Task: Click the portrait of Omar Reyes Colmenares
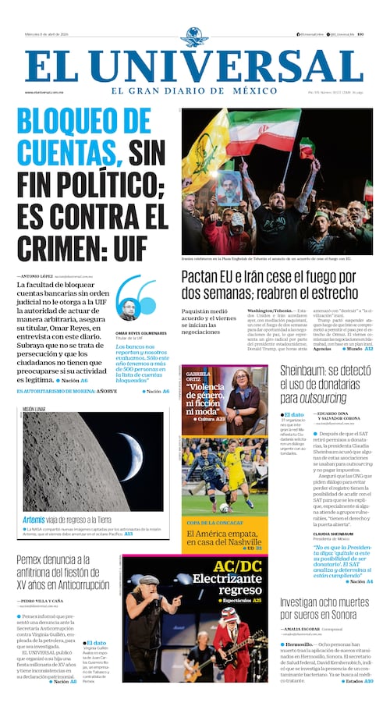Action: [127, 310]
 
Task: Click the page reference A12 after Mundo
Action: [368, 349]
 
